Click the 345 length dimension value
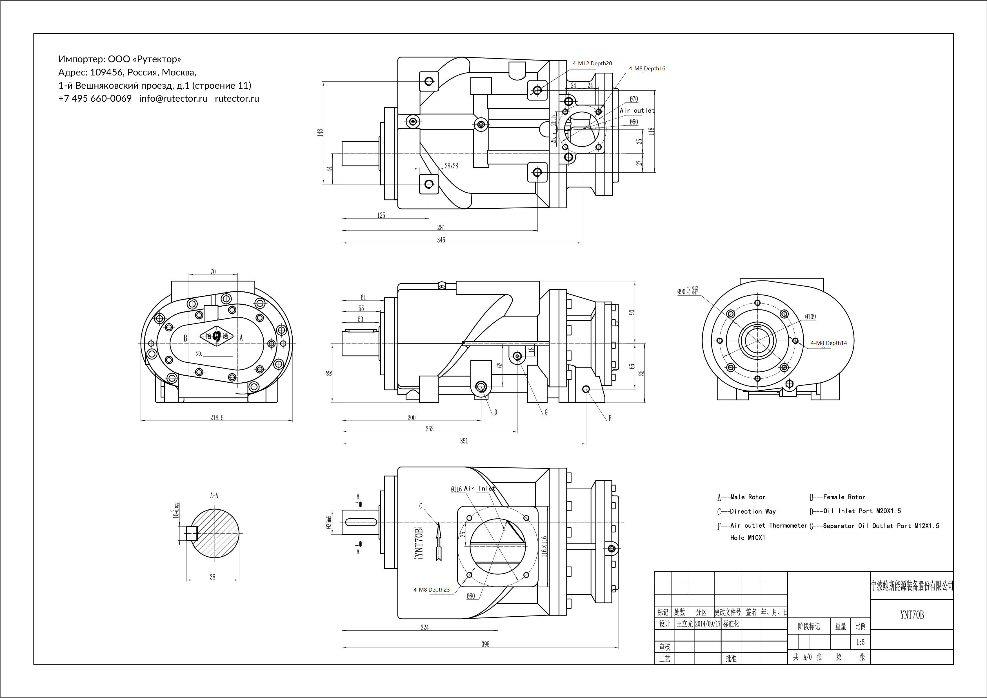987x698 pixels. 441,240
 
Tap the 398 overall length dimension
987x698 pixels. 485,644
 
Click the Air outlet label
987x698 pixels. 637,110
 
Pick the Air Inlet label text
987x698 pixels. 479,488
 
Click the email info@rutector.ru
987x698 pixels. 173,99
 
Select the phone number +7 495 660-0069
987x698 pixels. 95,99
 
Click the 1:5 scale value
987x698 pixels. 860,642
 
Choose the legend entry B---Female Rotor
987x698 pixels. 837,497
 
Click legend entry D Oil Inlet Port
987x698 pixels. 855,511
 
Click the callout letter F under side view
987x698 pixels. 610,418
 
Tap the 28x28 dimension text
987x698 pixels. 451,166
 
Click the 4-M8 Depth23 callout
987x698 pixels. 431,590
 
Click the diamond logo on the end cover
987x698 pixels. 216,336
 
